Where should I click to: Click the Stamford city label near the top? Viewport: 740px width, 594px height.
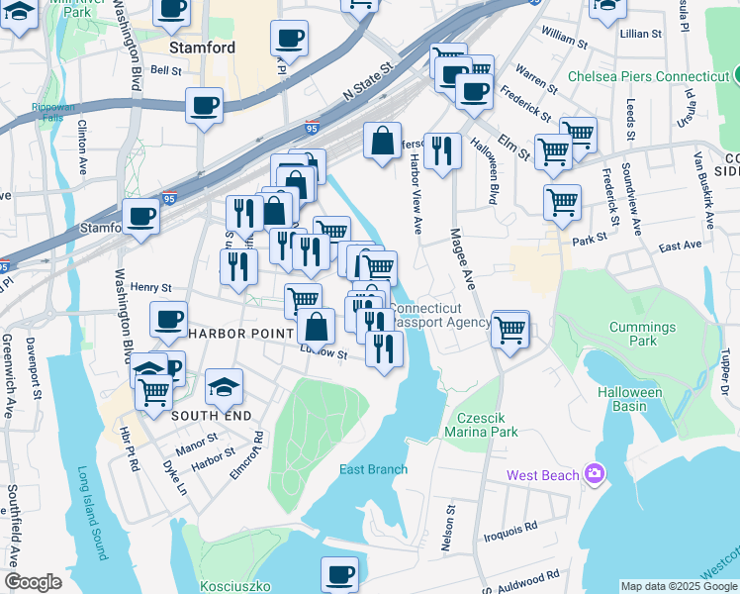pyautogui.click(x=202, y=48)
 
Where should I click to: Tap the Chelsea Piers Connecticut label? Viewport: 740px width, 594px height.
pyautogui.click(x=648, y=76)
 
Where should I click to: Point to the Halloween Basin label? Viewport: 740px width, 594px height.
pyautogui.click(x=629, y=400)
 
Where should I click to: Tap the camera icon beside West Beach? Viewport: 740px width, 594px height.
pyautogui.click(x=594, y=474)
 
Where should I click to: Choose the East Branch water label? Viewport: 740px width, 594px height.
pyautogui.click(x=373, y=469)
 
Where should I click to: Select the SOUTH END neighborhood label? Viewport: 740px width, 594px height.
pyautogui.click(x=211, y=416)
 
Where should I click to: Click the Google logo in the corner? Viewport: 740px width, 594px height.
pyautogui.click(x=33, y=582)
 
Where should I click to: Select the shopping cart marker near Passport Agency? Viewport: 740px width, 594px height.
pyautogui.click(x=510, y=329)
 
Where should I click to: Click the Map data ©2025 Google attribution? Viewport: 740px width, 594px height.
pyautogui.click(x=679, y=586)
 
